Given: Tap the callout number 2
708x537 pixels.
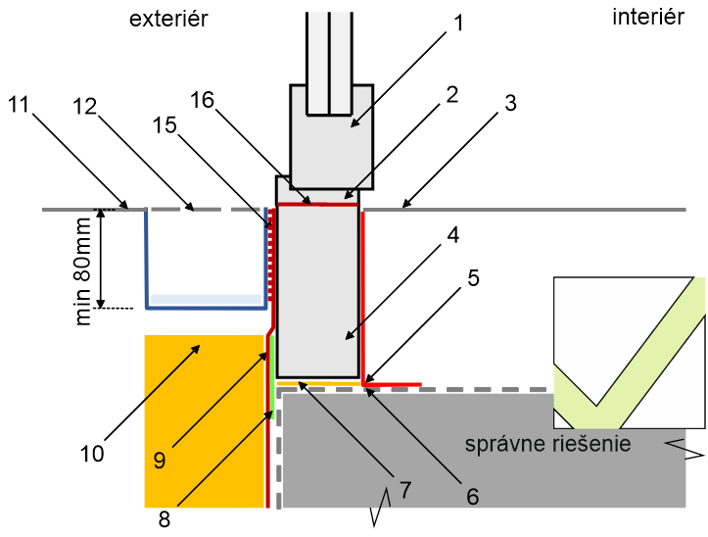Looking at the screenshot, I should click(450, 95).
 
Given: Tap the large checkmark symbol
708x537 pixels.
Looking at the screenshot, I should click(628, 353).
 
